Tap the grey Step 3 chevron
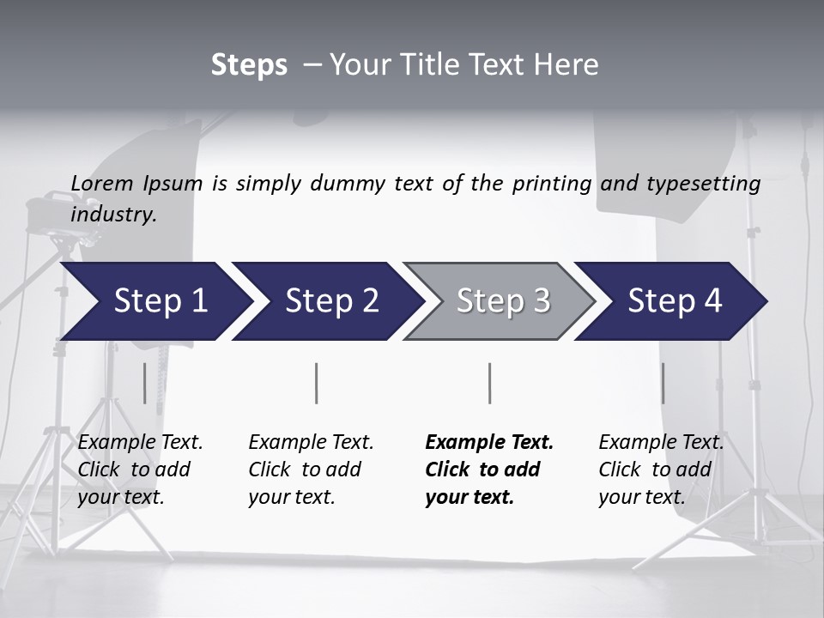[x=503, y=301]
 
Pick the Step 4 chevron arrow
[x=675, y=301]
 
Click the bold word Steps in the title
[x=249, y=65]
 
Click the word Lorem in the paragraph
[x=102, y=184]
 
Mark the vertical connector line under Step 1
[x=145, y=383]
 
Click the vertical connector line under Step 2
[x=317, y=383]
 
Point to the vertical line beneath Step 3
[x=490, y=383]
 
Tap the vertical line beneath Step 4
[x=663, y=383]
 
